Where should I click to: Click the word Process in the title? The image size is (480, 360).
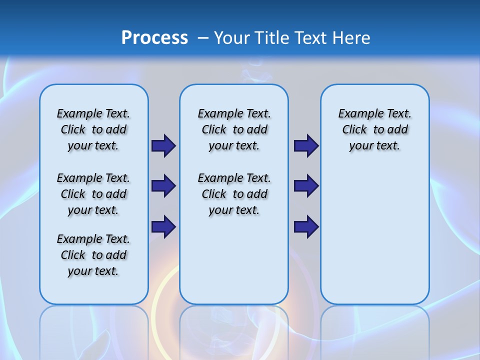tap(154, 37)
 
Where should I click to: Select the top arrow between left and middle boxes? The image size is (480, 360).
tap(163, 145)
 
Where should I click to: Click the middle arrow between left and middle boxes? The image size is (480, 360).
tap(163, 186)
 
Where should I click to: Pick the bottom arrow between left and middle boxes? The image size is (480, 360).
tap(163, 226)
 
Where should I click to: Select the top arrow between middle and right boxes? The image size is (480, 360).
tap(306, 145)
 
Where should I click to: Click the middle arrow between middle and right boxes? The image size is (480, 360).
tap(306, 186)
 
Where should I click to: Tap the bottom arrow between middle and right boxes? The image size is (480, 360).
tap(306, 226)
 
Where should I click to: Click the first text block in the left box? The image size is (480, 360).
tap(93, 129)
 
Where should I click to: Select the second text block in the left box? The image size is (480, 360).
tap(93, 194)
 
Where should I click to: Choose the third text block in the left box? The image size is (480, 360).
tap(93, 255)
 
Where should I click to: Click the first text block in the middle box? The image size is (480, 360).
tap(234, 129)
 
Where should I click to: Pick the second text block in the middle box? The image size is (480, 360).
tap(234, 194)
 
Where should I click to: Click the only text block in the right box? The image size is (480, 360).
tap(374, 129)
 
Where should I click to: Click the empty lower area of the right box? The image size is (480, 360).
tap(374, 240)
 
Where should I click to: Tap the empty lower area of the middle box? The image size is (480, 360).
tap(234, 260)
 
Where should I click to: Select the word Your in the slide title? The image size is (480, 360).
tap(231, 38)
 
